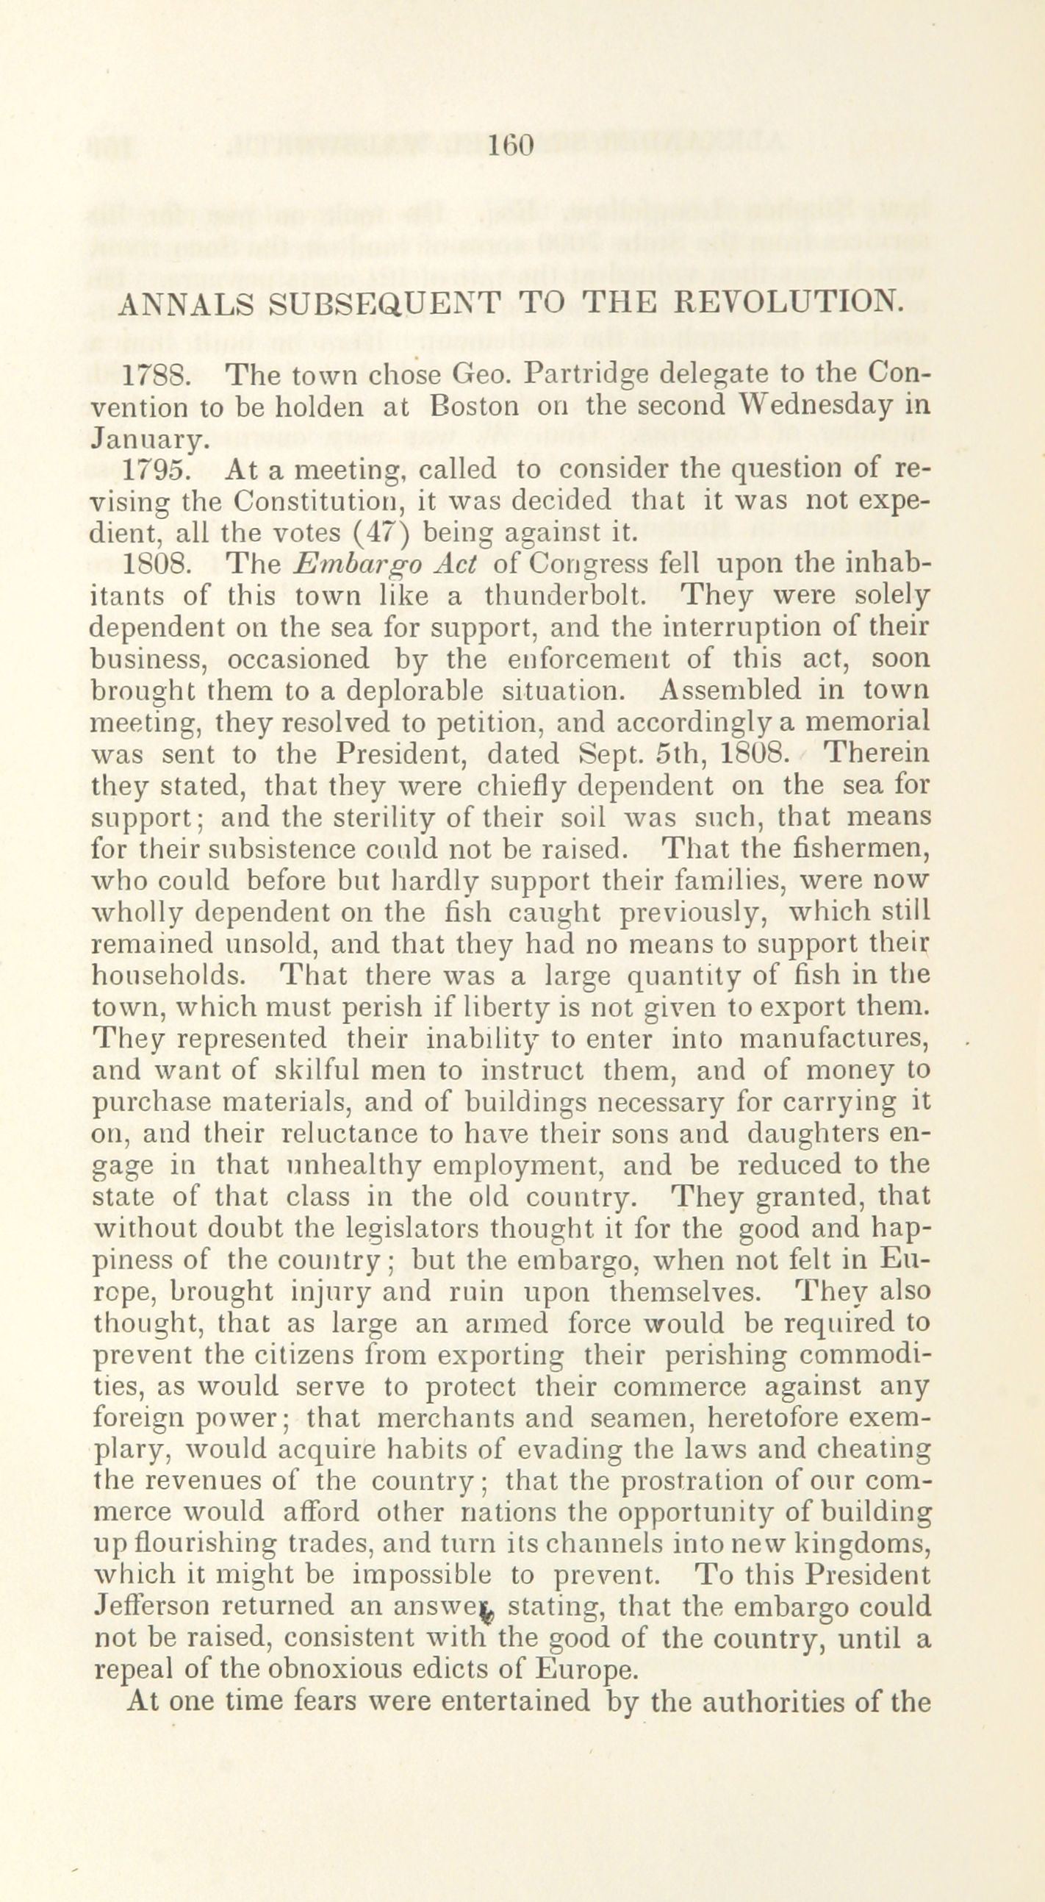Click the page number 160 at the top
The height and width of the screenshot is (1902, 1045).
[x=510, y=146]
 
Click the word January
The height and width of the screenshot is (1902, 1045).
[x=145, y=441]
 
